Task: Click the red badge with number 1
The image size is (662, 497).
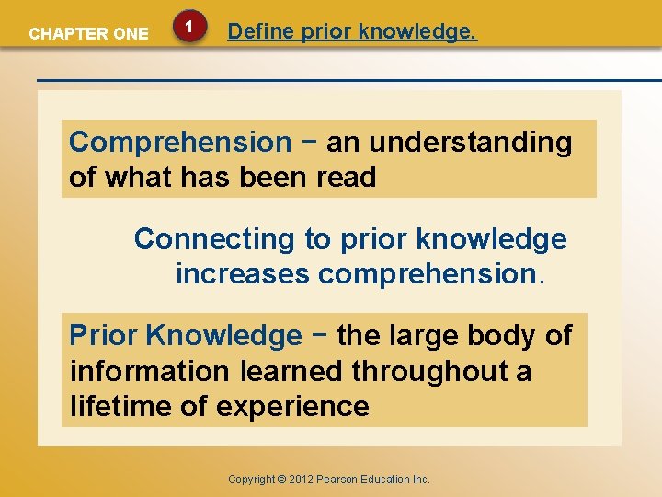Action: point(188,29)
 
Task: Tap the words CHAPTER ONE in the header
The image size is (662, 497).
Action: point(88,34)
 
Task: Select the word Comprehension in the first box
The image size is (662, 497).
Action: point(180,143)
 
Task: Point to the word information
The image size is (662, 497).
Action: point(149,371)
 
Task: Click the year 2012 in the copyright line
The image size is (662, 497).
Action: point(302,480)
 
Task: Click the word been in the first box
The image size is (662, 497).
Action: point(278,177)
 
